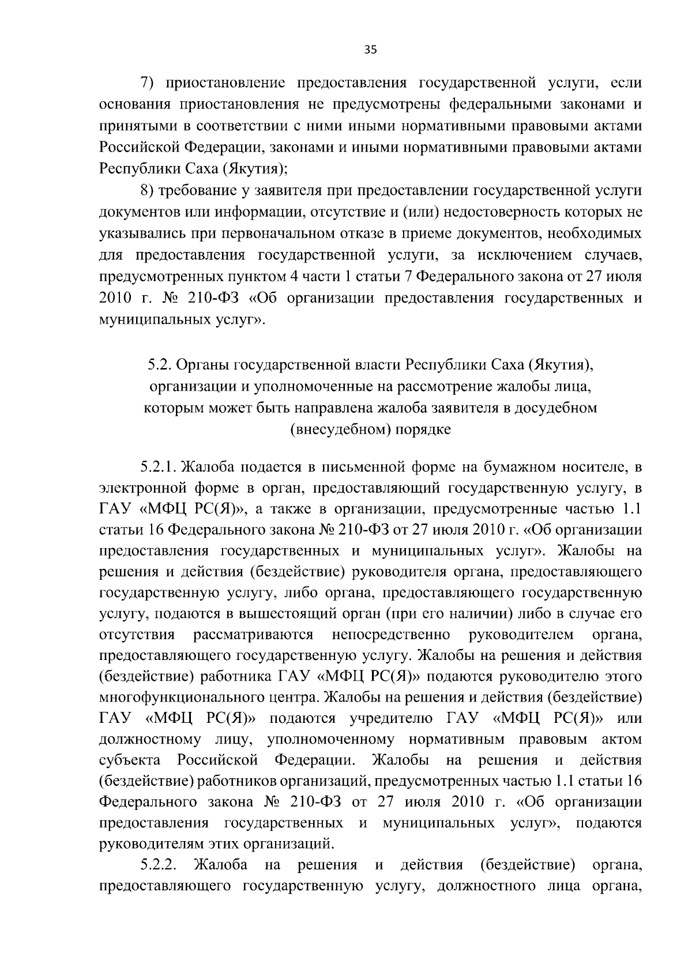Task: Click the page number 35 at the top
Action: [370, 50]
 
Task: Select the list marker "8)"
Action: [149, 190]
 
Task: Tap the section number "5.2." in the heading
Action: [158, 365]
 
